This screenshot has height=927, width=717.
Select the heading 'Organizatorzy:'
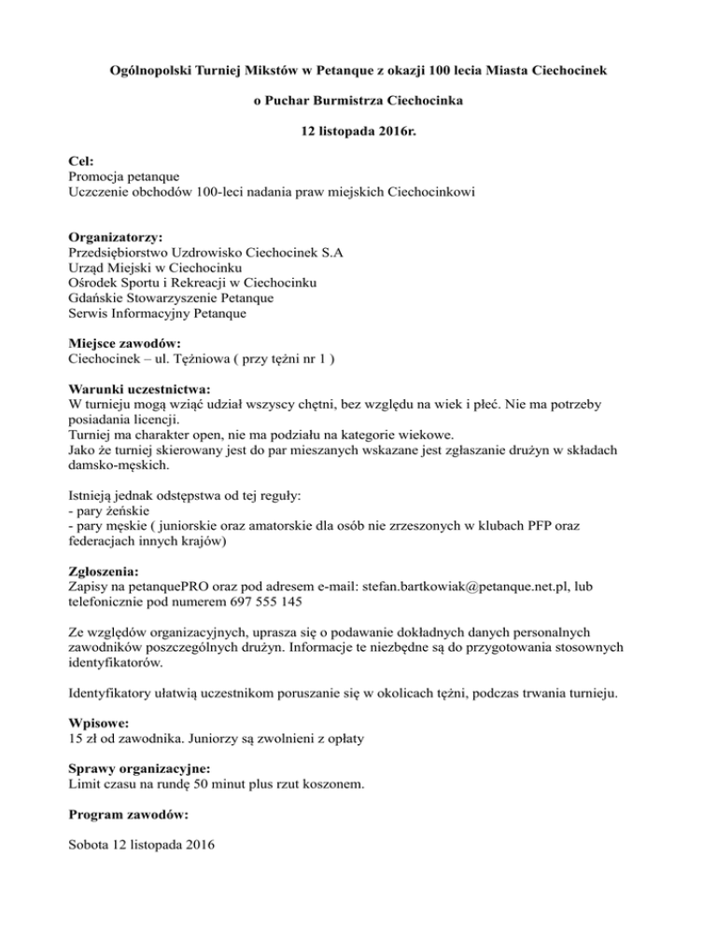point(116,237)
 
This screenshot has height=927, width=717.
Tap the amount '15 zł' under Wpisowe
point(85,739)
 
